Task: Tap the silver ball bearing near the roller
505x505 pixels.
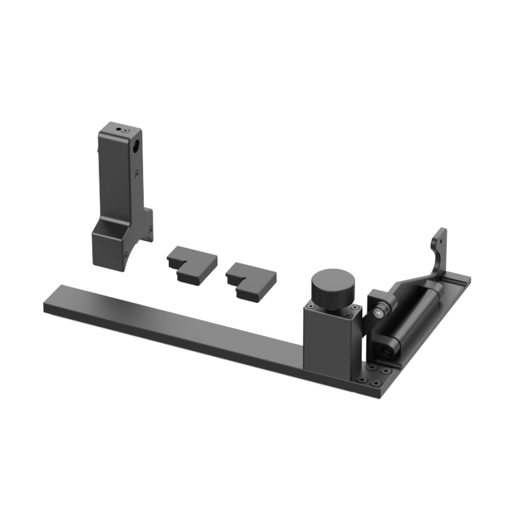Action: coord(377,313)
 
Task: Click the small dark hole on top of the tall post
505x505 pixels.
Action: coord(118,129)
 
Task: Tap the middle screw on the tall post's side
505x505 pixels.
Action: coord(137,173)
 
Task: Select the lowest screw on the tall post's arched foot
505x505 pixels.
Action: coord(126,253)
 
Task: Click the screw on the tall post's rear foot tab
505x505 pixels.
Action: coord(151,228)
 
